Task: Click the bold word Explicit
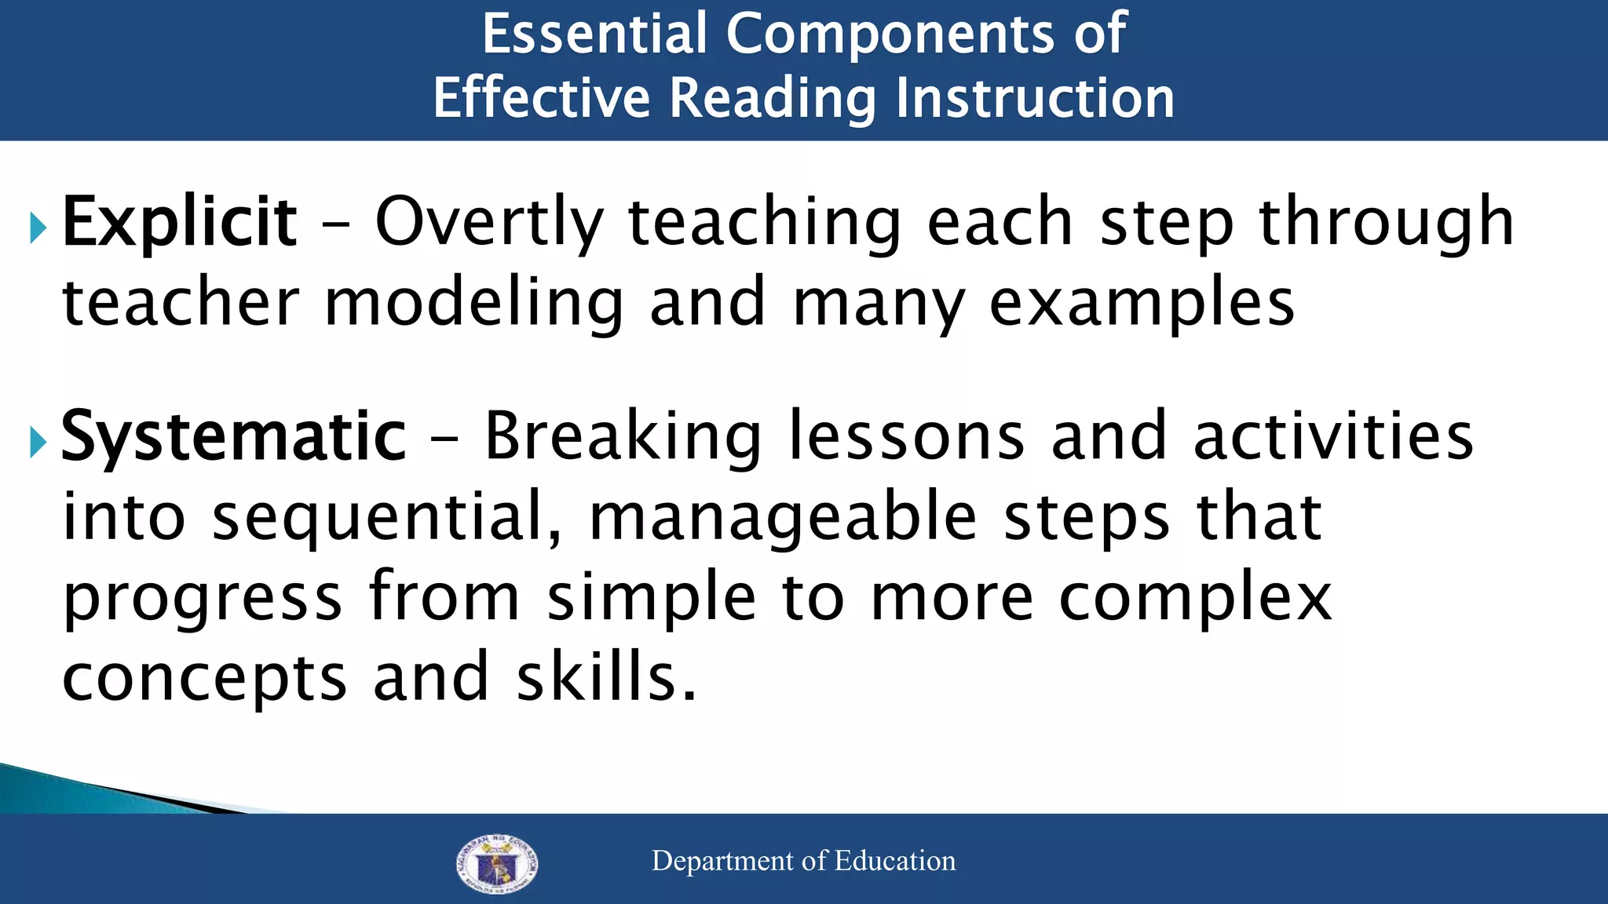(x=179, y=224)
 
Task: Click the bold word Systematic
(x=233, y=438)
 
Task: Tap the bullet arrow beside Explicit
(x=38, y=228)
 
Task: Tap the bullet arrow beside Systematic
(x=38, y=443)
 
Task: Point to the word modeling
(x=473, y=304)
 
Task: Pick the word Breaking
(x=623, y=438)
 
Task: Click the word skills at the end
(x=605, y=678)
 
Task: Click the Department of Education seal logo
(x=497, y=863)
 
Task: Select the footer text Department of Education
(x=803, y=861)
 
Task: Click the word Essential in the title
(x=594, y=34)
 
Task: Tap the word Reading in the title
(x=773, y=100)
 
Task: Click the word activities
(x=1333, y=438)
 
